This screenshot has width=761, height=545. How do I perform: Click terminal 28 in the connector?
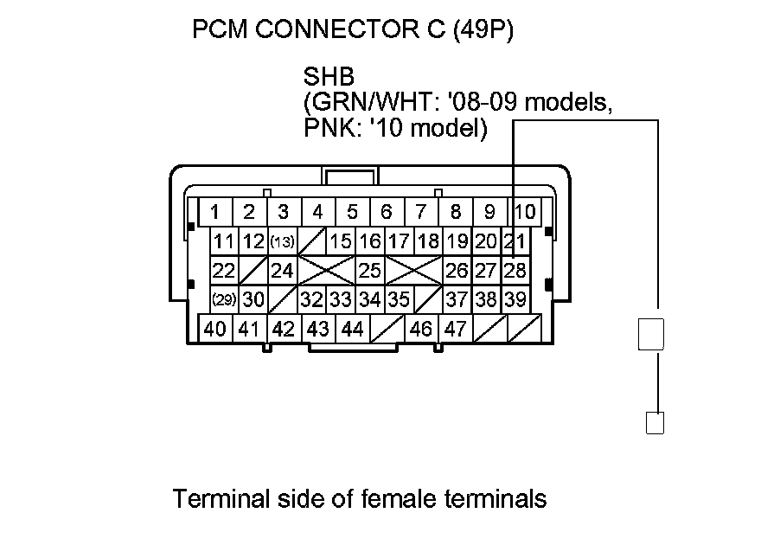pyautogui.click(x=515, y=270)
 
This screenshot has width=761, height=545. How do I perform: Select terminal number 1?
pyautogui.click(x=214, y=212)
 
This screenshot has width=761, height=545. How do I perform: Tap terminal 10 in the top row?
pyautogui.click(x=524, y=212)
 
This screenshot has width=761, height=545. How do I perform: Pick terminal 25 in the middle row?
pyautogui.click(x=369, y=270)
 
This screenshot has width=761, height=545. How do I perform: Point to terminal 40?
pyautogui.click(x=214, y=329)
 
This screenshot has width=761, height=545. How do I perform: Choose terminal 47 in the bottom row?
pyautogui.click(x=456, y=329)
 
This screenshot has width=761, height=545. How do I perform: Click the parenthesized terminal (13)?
pyautogui.click(x=282, y=241)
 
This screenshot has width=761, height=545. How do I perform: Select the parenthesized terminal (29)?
pyautogui.click(x=224, y=299)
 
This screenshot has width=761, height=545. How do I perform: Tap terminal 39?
pyautogui.click(x=515, y=299)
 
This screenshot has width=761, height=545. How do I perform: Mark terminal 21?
pyautogui.click(x=515, y=241)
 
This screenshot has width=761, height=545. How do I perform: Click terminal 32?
pyautogui.click(x=311, y=299)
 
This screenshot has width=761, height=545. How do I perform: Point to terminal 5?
pyautogui.click(x=352, y=212)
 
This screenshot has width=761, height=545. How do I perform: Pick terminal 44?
pyautogui.click(x=352, y=329)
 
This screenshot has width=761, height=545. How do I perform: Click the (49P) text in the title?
pyautogui.click(x=474, y=31)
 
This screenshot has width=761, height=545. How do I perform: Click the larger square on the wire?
pyautogui.click(x=650, y=334)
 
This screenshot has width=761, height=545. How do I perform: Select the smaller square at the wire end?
pyautogui.click(x=655, y=423)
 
